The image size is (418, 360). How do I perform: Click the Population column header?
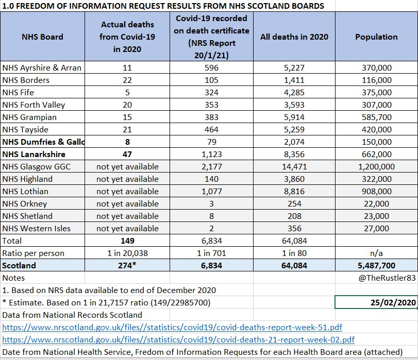(376, 37)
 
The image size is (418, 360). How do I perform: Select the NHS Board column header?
(42, 37)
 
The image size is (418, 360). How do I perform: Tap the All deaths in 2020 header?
(294, 37)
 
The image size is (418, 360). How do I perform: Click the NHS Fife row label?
(18, 93)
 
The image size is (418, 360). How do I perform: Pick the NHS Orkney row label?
(25, 204)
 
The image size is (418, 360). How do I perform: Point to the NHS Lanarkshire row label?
(34, 155)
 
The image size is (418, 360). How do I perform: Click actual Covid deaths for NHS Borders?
(127, 80)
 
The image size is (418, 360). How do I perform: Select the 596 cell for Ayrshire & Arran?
(211, 67)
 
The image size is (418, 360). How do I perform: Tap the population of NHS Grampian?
(376, 117)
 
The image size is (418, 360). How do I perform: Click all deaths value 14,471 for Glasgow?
(294, 167)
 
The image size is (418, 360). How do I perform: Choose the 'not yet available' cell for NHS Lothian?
(127, 192)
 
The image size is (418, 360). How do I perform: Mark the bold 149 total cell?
(127, 241)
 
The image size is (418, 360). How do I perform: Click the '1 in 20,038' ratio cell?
(127, 253)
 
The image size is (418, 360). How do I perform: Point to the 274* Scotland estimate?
(127, 265)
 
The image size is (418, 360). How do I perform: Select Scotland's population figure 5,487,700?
(376, 266)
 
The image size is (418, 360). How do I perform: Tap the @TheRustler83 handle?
(387, 278)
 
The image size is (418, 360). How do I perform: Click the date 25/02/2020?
(393, 303)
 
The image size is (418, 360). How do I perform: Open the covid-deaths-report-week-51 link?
(172, 327)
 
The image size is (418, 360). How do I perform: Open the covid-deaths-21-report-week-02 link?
(178, 340)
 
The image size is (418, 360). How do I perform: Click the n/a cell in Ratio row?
(376, 253)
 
